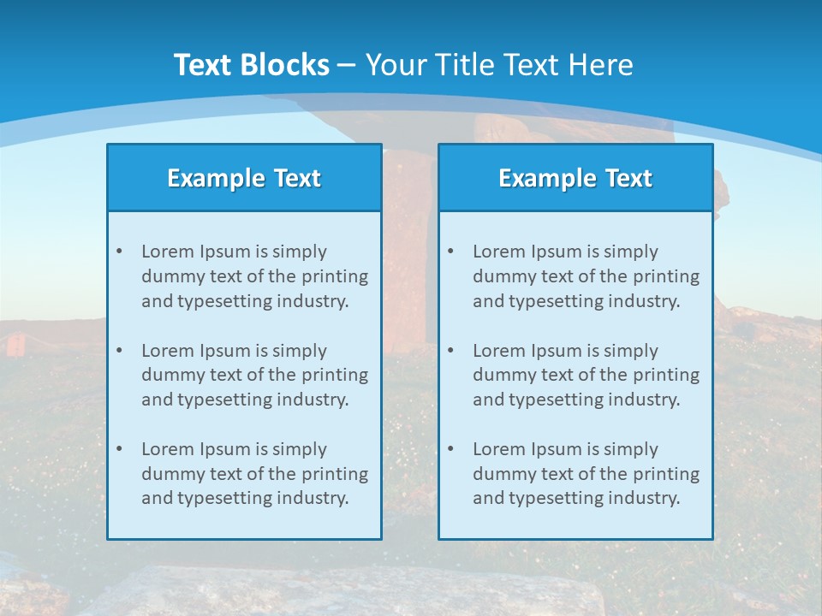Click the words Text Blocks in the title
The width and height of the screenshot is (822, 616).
pos(252,65)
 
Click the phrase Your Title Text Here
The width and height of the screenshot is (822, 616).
pos(499,65)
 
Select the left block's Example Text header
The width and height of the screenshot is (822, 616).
pos(244,178)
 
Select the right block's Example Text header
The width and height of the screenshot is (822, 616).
pos(575,178)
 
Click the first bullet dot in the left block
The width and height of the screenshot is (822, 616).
pos(119,252)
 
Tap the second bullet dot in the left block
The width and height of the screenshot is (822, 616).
pos(119,351)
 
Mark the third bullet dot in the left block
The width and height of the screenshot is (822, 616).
pos(119,449)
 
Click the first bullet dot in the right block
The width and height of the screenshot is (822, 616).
pos(450,252)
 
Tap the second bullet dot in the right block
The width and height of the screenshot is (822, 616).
pos(450,351)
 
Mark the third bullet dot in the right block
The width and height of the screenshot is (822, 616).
pos(450,449)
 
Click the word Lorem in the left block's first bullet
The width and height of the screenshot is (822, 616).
pos(168,252)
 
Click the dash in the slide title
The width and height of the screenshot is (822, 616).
pos(347,65)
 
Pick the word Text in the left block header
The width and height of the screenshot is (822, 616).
pos(297,178)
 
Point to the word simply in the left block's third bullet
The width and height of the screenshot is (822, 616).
pos(300,449)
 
